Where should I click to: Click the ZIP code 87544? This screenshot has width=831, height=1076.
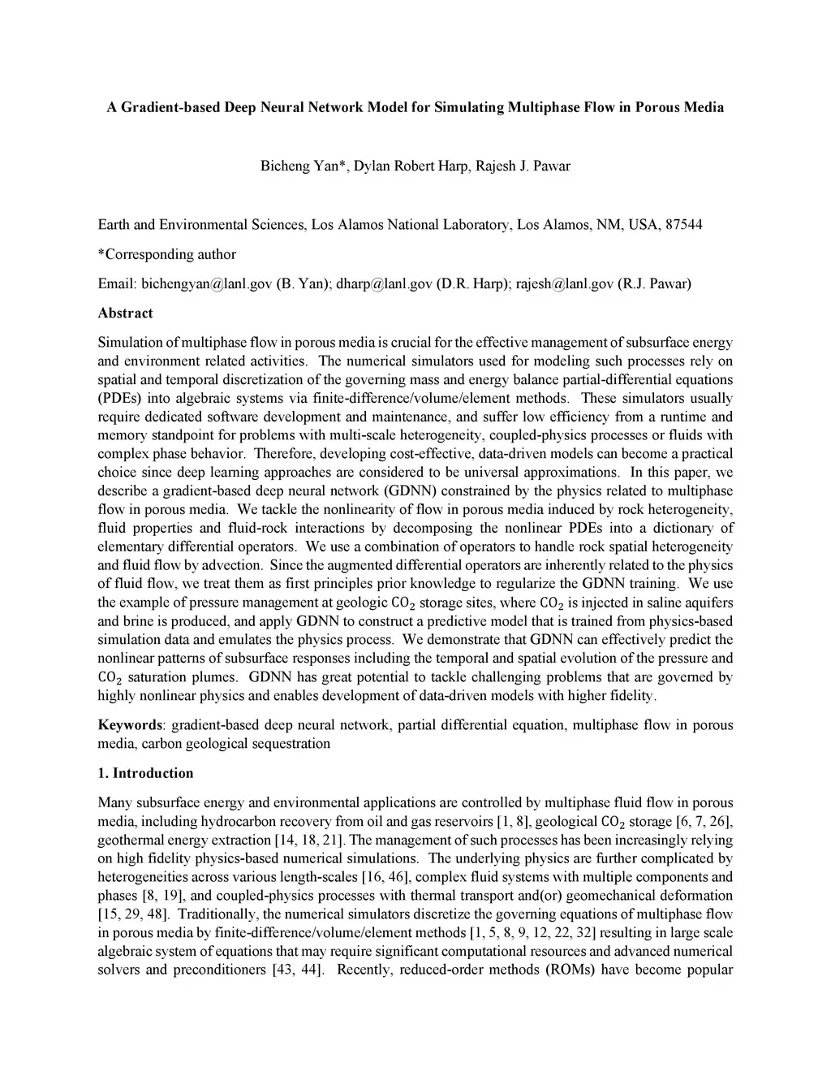tap(683, 224)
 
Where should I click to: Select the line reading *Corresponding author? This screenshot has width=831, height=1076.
tap(166, 254)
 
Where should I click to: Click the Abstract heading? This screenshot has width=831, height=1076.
tap(125, 313)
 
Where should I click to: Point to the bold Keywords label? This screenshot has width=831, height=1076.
tap(128, 724)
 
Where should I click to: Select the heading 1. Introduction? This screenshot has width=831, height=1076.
tap(145, 773)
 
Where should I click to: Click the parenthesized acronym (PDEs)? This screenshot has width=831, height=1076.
tap(121, 399)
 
